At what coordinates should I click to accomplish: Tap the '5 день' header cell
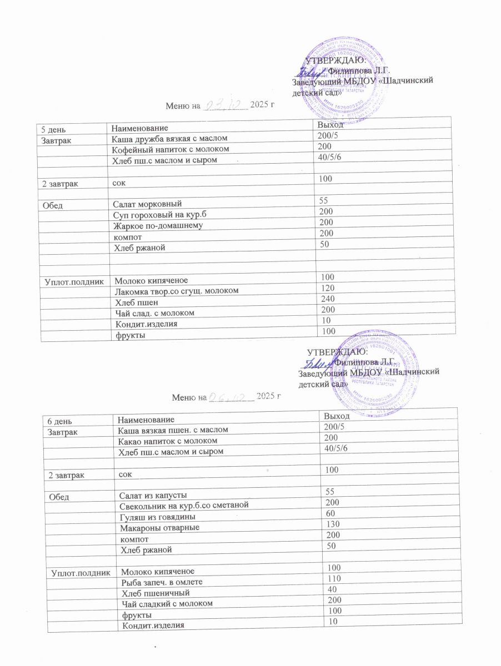tap(49, 129)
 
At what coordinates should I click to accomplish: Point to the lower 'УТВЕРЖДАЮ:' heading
tap(337, 351)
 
